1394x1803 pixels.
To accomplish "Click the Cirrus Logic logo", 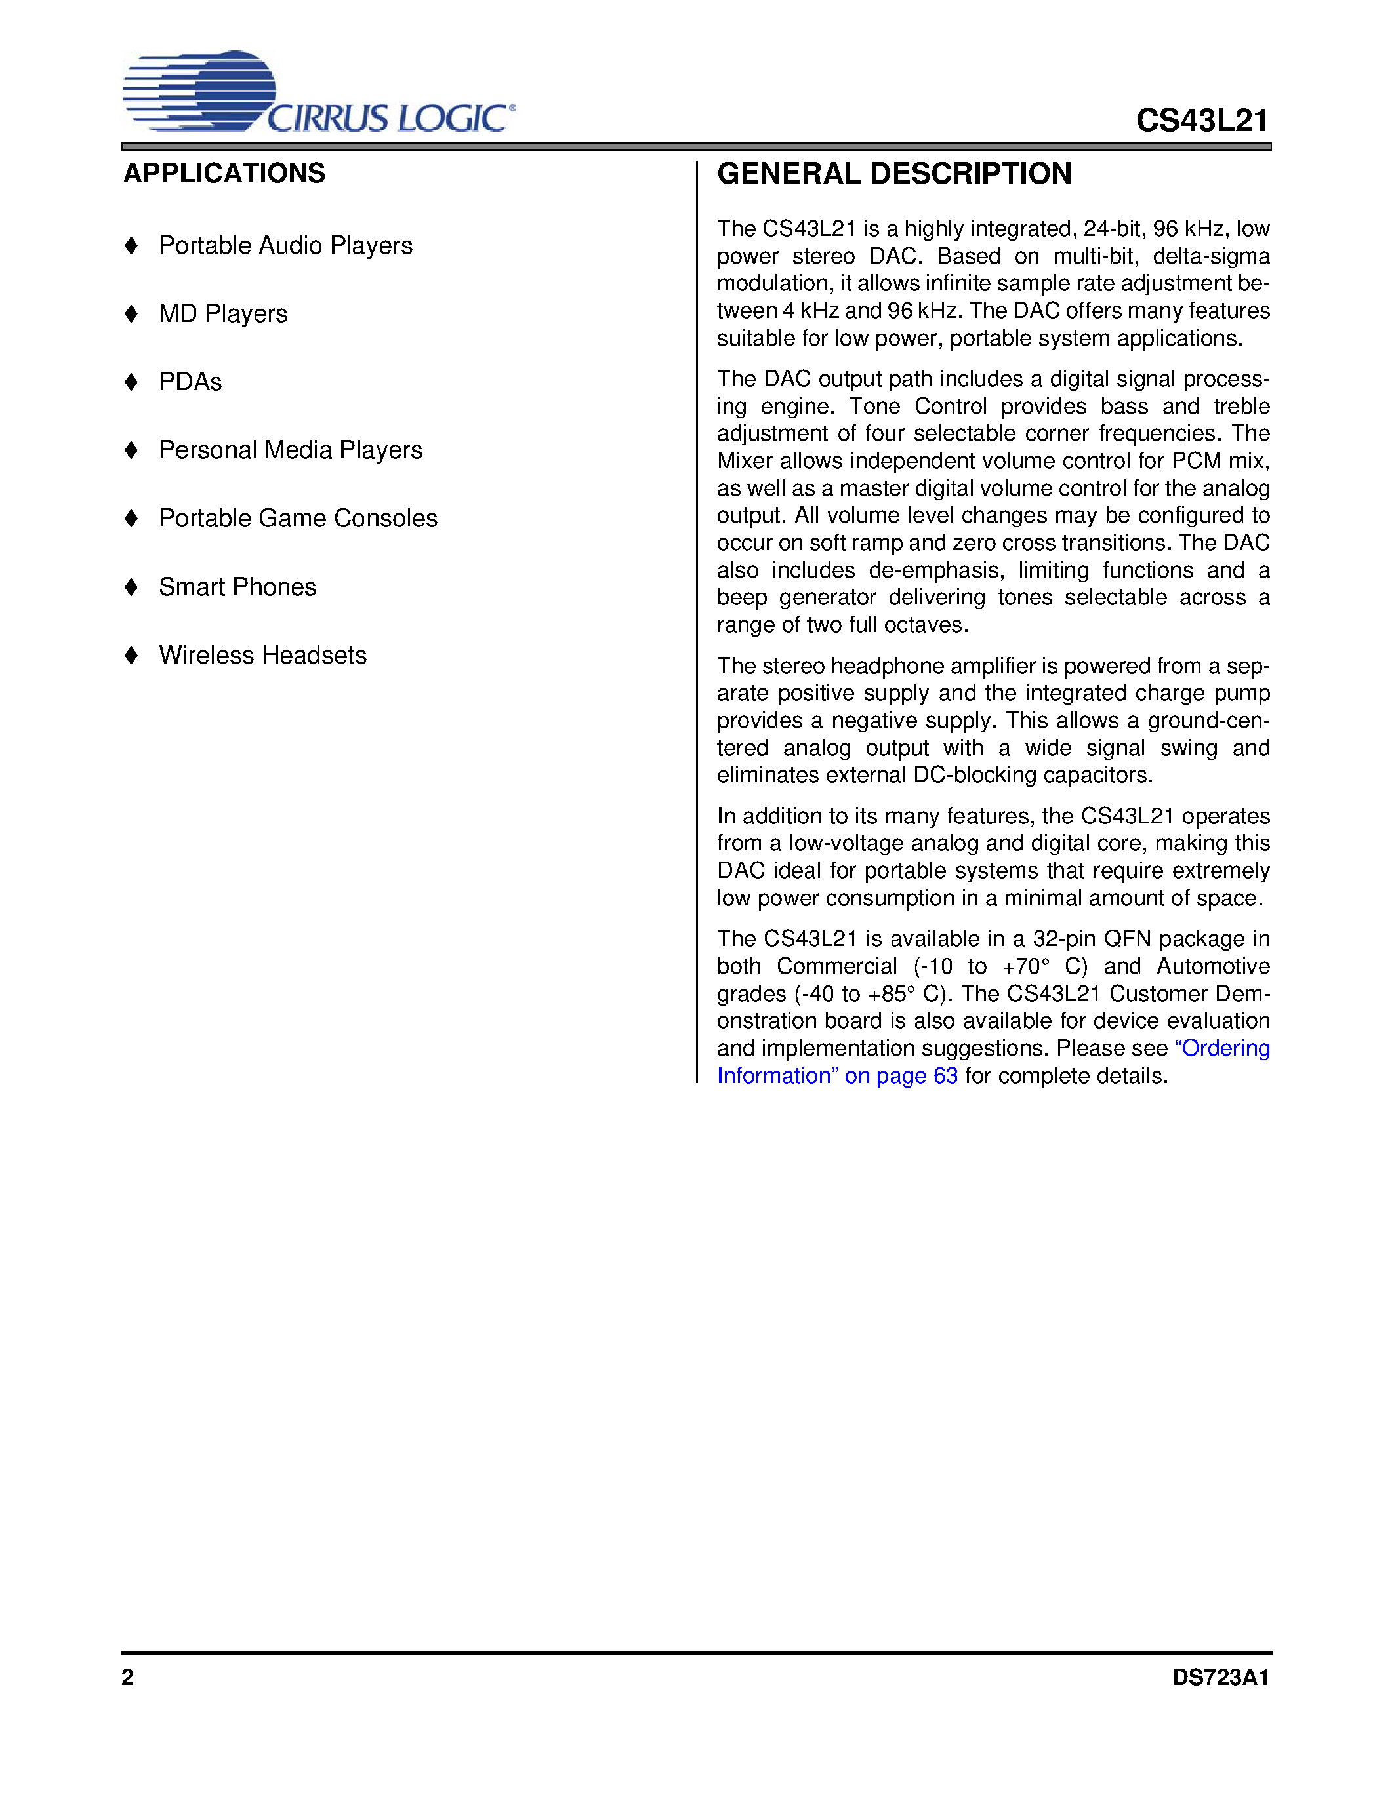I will [x=319, y=92].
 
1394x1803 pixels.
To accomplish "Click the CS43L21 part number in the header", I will [x=1202, y=121].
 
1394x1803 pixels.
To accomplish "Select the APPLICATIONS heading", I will [x=224, y=173].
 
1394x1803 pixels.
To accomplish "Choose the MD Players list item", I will [x=223, y=313].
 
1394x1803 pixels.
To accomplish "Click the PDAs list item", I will [x=190, y=382].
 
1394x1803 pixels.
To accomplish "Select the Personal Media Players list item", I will [x=290, y=450].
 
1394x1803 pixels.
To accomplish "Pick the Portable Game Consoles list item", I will [x=297, y=519].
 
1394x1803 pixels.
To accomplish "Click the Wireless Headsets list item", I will [x=262, y=656].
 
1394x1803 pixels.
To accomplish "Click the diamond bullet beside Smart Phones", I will [x=131, y=587].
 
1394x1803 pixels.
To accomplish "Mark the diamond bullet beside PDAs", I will [x=131, y=382].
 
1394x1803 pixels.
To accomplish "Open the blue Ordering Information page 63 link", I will [x=836, y=1076].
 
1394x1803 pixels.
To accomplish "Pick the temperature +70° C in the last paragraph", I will [x=1044, y=966].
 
